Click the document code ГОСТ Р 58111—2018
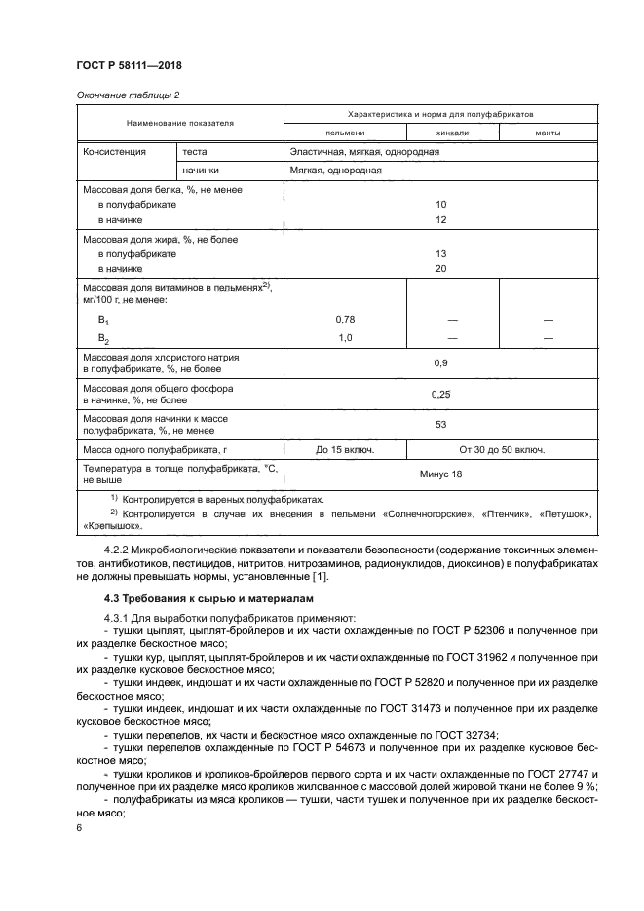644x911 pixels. pyautogui.click(x=129, y=65)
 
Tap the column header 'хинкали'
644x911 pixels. pyautogui.click(x=453, y=133)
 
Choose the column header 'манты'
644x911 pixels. pyautogui.click(x=547, y=133)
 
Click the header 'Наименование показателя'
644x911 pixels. pyautogui.click(x=179, y=124)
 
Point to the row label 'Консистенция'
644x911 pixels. pyautogui.click(x=114, y=152)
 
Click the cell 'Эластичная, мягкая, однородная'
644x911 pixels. pyautogui.click(x=363, y=152)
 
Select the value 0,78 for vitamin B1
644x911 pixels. pyautogui.click(x=344, y=320)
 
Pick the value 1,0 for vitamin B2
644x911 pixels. pyautogui.click(x=344, y=337)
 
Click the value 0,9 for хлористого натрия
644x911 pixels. pyautogui.click(x=440, y=363)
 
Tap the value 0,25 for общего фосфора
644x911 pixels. pyautogui.click(x=440, y=394)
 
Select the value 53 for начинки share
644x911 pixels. pyautogui.click(x=440, y=424)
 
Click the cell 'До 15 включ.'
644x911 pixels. pyautogui.click(x=345, y=450)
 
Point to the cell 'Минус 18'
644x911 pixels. pyautogui.click(x=440, y=474)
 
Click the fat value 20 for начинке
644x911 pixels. pyautogui.click(x=440, y=267)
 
